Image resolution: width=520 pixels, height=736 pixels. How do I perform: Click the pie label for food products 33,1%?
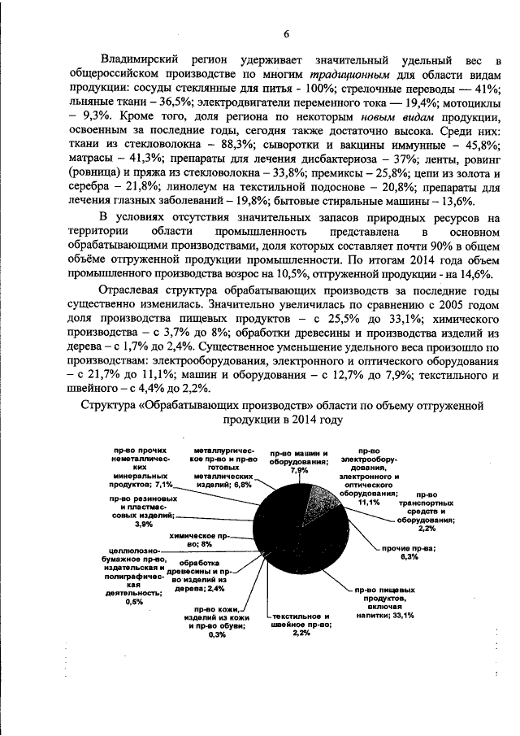[x=385, y=603]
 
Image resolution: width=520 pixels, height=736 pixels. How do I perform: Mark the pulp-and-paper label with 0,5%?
[x=135, y=579]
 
